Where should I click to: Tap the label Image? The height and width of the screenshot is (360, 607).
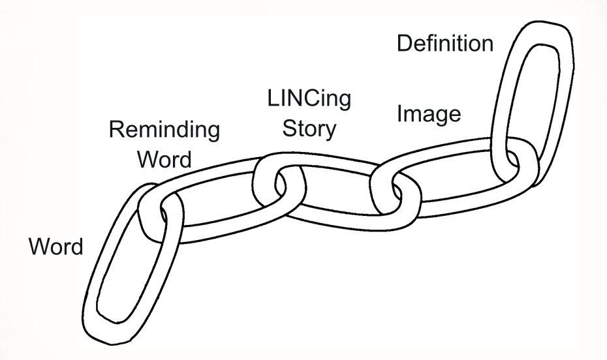(429, 114)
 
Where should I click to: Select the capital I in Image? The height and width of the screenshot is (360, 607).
(400, 114)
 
